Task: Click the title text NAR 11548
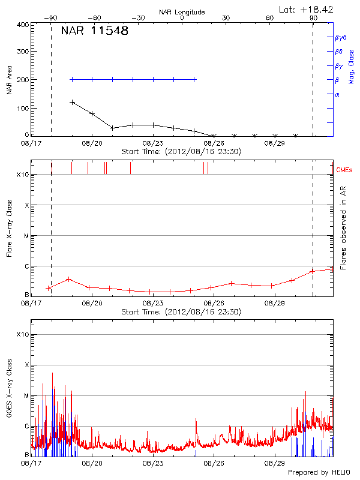point(94,31)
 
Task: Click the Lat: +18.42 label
point(307,9)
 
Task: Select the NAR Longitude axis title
point(182,12)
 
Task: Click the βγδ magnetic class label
point(340,37)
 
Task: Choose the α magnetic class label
point(337,94)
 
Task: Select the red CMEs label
point(344,170)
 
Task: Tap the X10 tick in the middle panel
point(22,175)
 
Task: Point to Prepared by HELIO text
point(318,472)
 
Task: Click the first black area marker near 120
point(72,102)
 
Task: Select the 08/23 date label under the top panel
point(153,144)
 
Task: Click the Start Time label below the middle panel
point(181,312)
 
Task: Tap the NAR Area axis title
point(9,80)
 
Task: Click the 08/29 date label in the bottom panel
point(275,463)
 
